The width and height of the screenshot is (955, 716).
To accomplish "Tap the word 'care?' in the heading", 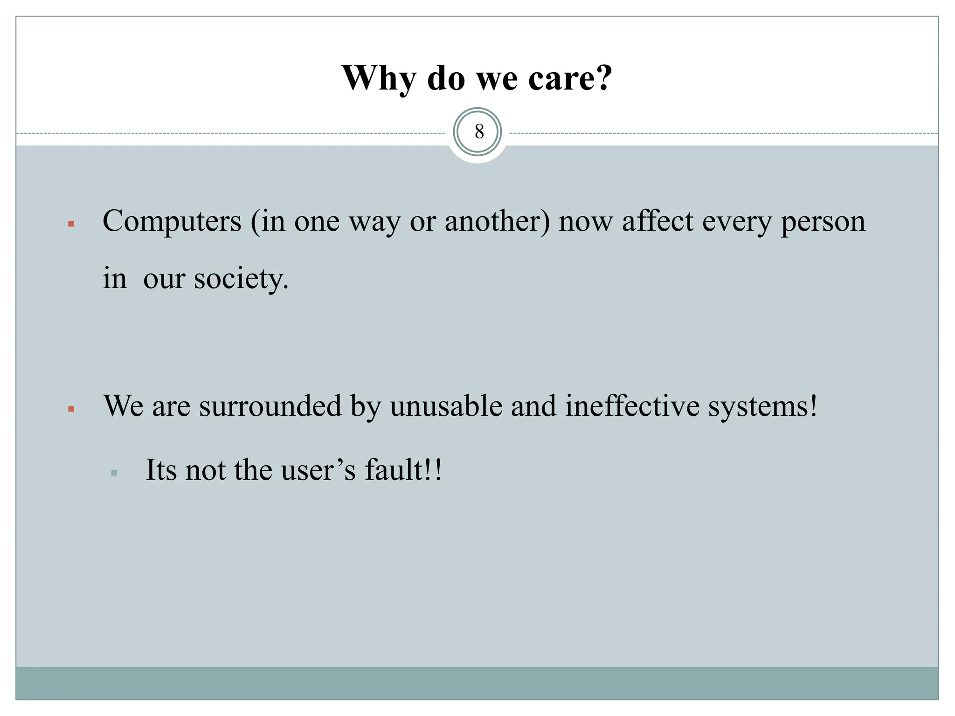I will coord(570,78).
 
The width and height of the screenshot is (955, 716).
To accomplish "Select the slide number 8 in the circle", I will coord(479,132).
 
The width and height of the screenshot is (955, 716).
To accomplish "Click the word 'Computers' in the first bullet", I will coord(172,221).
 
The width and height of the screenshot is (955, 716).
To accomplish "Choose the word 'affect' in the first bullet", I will coord(657,221).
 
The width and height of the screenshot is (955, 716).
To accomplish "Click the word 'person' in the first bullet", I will coord(823,222).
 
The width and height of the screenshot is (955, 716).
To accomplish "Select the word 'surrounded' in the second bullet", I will coord(270,406).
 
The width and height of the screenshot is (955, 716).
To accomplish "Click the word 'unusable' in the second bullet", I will coord(446,406).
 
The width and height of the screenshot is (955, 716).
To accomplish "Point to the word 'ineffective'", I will coord(632,406).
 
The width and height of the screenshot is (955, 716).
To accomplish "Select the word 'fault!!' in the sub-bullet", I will coord(403,470).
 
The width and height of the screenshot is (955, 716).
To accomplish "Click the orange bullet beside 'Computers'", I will coord(71,224).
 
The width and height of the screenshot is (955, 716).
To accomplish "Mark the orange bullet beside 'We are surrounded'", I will coord(71,409).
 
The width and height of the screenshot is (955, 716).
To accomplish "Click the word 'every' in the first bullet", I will coord(737,222).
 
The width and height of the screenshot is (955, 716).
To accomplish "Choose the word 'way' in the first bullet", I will coord(375,222).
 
